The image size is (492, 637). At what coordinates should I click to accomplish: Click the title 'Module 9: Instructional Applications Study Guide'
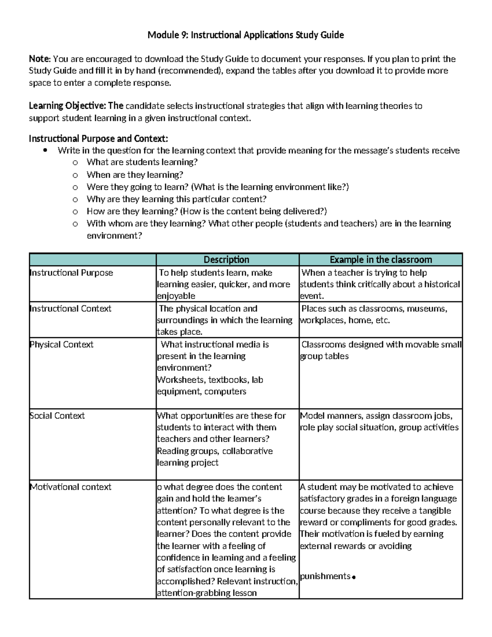(x=246, y=35)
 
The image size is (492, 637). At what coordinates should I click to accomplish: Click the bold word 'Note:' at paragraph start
(x=40, y=59)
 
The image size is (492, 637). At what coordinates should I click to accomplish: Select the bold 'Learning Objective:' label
(x=67, y=106)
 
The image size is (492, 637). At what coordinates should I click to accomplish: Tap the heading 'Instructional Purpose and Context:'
(x=98, y=139)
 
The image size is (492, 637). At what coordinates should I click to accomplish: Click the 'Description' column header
(x=226, y=260)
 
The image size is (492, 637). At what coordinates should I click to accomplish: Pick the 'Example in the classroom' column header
(x=380, y=260)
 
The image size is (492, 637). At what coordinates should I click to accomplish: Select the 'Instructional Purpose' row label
(x=71, y=273)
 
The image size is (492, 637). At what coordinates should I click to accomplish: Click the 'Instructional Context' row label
(x=71, y=308)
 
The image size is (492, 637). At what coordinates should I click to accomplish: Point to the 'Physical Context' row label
(x=61, y=345)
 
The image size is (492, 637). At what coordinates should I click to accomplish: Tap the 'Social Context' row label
(x=57, y=416)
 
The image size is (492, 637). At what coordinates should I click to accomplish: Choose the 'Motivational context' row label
(x=71, y=487)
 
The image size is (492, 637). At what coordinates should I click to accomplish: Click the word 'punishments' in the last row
(x=325, y=576)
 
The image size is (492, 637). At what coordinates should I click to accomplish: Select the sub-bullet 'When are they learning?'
(x=135, y=175)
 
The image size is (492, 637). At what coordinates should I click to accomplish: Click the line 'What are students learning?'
(x=142, y=162)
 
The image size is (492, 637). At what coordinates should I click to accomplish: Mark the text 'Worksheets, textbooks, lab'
(x=210, y=380)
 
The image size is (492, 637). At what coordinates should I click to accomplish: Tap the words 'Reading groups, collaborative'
(x=214, y=451)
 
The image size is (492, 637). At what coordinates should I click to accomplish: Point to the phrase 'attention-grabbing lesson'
(x=207, y=593)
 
